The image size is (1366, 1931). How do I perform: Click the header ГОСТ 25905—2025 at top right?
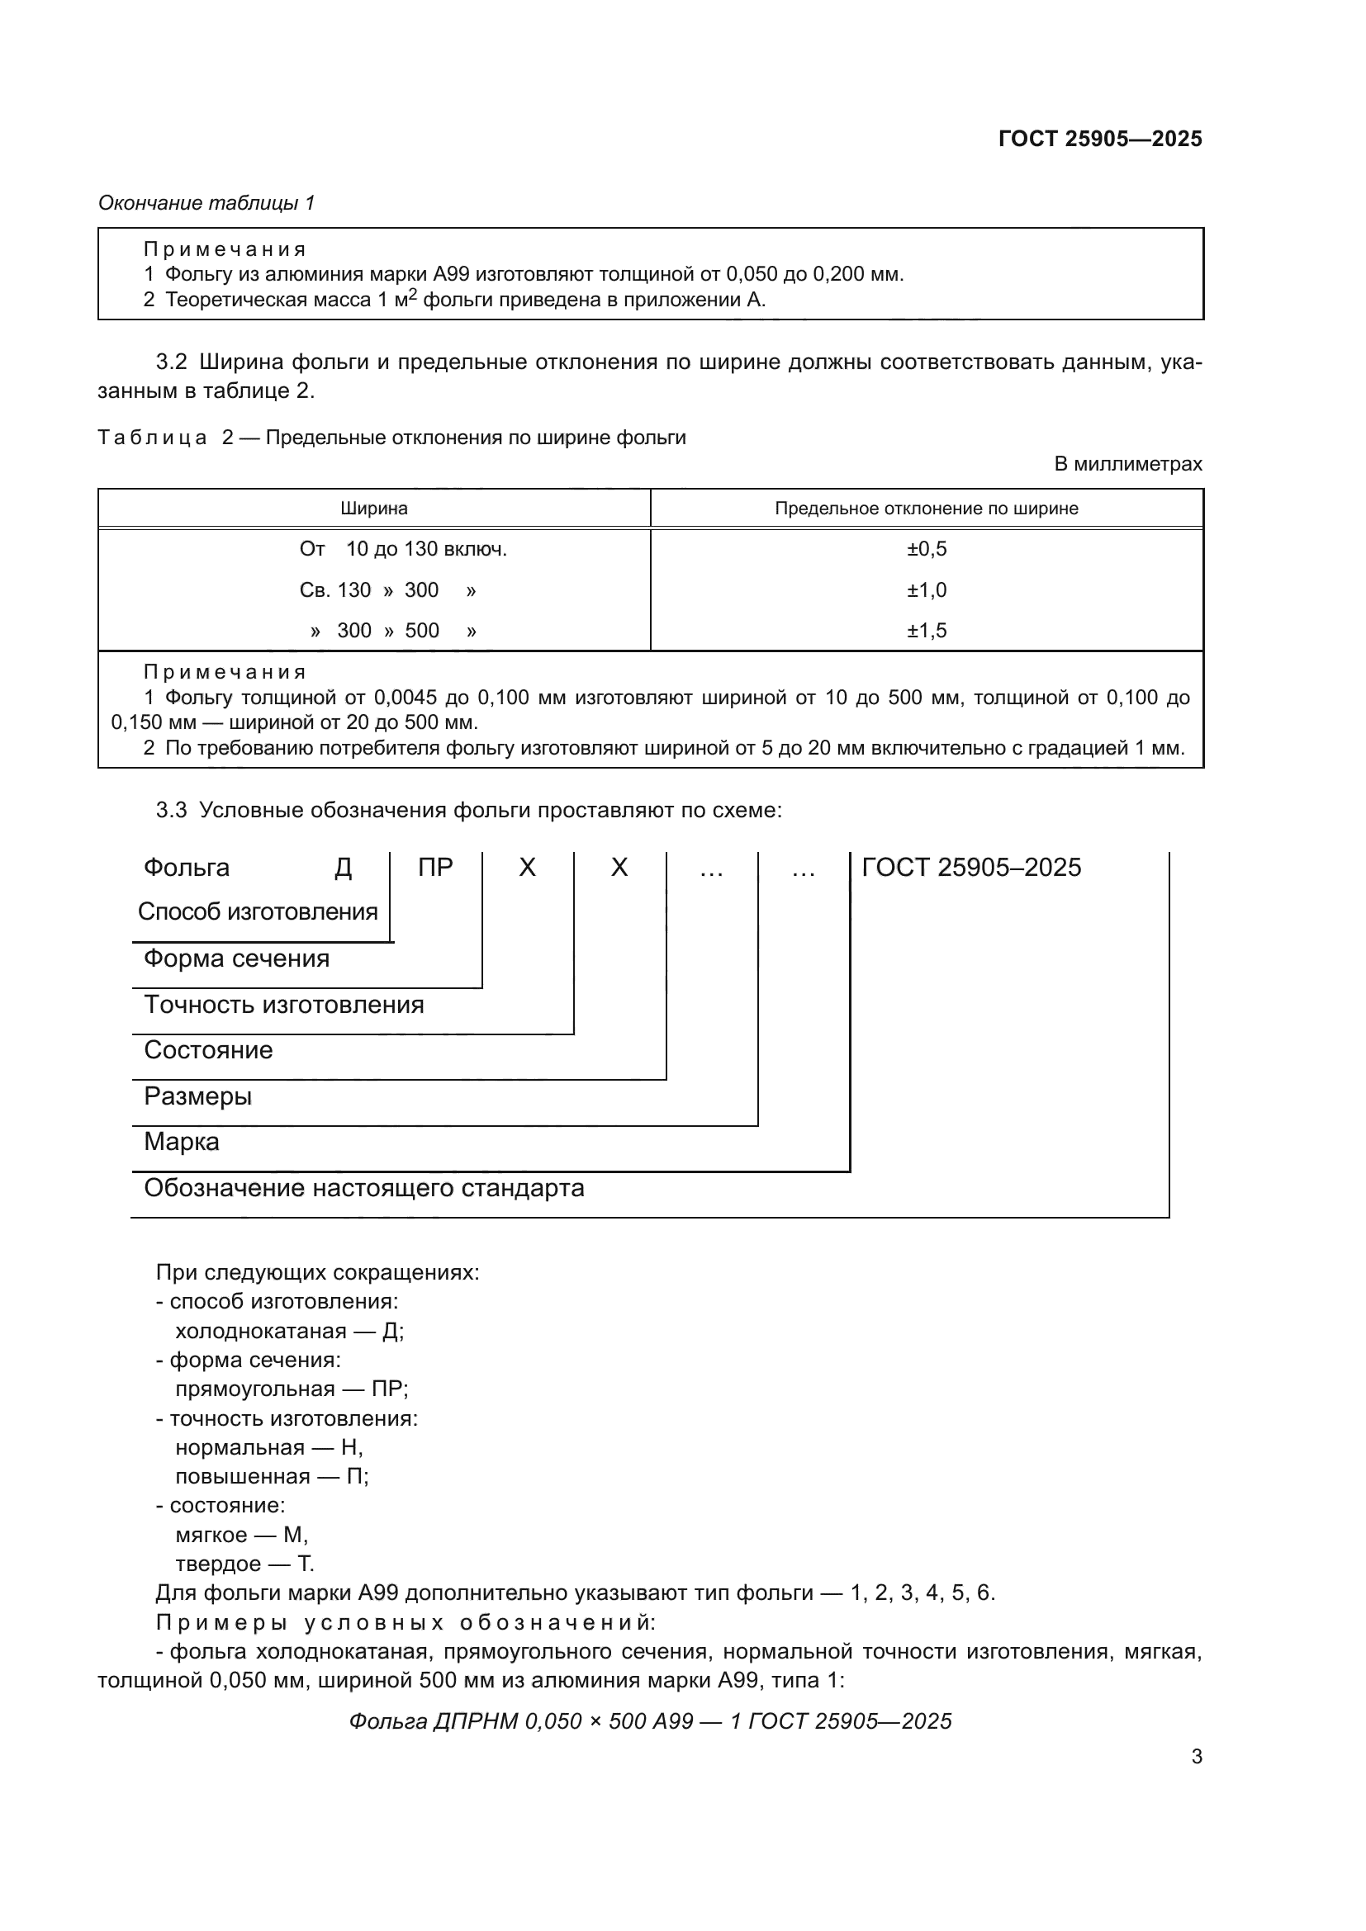click(1099, 139)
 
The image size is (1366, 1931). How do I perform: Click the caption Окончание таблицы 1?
click(206, 203)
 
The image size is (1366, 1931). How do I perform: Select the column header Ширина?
click(373, 508)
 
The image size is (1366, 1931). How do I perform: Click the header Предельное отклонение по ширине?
click(926, 508)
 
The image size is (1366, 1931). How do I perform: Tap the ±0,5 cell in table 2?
click(926, 549)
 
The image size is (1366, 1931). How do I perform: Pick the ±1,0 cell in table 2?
click(926, 589)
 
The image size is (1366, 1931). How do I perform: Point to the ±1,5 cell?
click(926, 631)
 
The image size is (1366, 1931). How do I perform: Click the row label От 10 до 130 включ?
click(403, 549)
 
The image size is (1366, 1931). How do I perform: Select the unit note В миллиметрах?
click(1128, 463)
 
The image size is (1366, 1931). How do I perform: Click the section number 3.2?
click(171, 362)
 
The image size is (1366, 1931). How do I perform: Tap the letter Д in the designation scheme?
click(344, 868)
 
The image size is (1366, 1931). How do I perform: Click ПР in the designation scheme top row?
click(435, 867)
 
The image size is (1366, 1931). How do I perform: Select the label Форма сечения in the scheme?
click(236, 958)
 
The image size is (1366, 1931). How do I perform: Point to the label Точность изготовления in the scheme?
click(283, 1004)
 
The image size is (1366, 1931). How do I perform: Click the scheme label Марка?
click(182, 1142)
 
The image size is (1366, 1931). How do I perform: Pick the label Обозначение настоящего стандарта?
click(363, 1188)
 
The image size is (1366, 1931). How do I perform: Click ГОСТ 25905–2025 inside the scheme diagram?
click(971, 867)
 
